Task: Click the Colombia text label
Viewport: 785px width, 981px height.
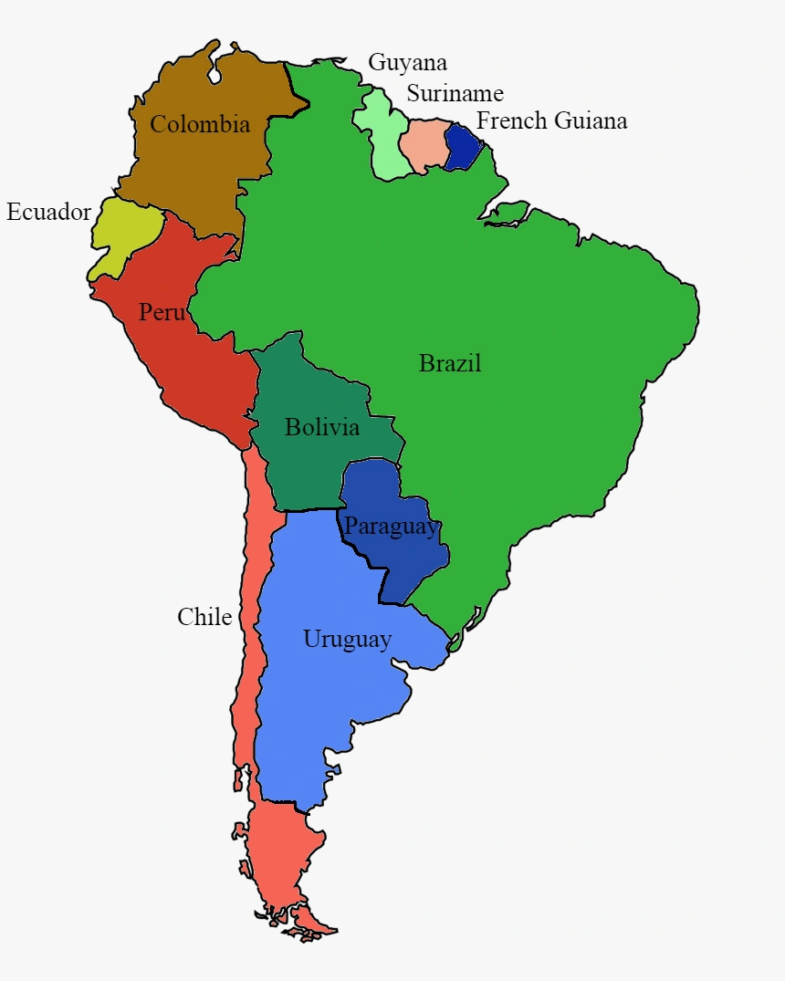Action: tap(200, 124)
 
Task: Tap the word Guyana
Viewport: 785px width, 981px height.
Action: tap(407, 62)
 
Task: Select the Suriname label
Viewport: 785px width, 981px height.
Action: tap(455, 93)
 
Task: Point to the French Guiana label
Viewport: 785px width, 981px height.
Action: tap(551, 120)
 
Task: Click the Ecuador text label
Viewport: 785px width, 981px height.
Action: tap(48, 213)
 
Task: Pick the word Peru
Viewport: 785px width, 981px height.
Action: tap(162, 312)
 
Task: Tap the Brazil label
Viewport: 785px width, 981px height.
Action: tap(449, 363)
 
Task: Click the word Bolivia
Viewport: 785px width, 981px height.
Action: tap(321, 427)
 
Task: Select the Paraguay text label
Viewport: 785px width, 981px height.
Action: tap(391, 527)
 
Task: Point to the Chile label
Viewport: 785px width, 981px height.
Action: tap(204, 617)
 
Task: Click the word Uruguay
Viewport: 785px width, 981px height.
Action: tap(347, 639)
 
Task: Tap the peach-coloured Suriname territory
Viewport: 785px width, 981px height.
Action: tap(422, 146)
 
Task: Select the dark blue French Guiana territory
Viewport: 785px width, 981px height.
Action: tap(461, 146)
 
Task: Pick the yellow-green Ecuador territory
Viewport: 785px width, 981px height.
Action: tap(123, 233)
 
